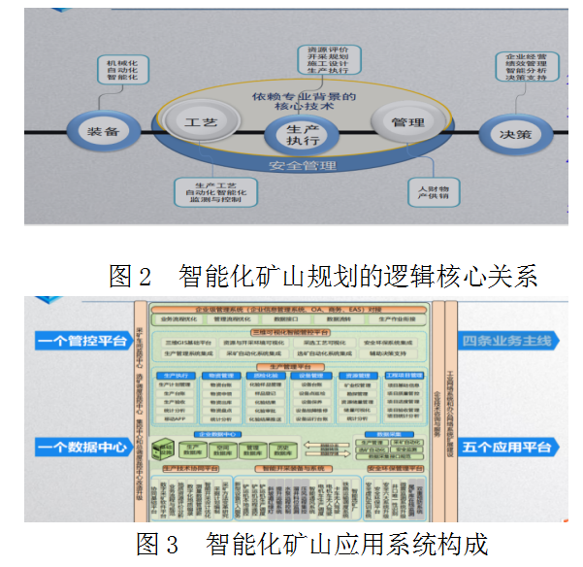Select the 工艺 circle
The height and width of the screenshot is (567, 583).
click(201, 123)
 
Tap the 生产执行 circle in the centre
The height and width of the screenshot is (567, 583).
click(296, 135)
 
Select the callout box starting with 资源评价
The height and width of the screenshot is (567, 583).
click(326, 59)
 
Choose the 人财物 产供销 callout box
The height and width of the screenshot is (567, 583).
click(432, 190)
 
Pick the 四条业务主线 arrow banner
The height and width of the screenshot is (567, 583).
click(508, 341)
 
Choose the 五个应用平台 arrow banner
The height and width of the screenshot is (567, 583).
click(508, 447)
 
